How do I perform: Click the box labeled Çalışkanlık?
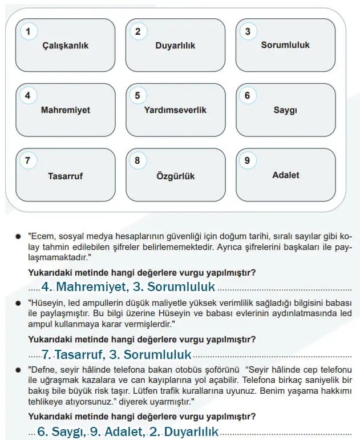coord(65,46)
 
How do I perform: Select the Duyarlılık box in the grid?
coord(175,46)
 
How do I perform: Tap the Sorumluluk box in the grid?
coord(285,45)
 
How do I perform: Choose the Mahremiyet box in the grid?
coord(65,110)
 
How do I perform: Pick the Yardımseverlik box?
coord(175,110)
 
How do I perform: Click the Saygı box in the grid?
coord(285,110)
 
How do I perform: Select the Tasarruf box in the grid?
coord(65,176)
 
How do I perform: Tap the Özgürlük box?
coord(175,176)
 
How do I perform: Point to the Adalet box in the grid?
coord(285,175)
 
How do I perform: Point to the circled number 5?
coord(137,96)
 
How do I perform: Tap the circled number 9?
coord(247,161)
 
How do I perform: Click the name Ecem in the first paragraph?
coord(43,235)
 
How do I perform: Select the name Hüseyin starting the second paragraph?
coord(47,302)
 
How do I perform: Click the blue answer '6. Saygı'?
coord(61,432)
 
